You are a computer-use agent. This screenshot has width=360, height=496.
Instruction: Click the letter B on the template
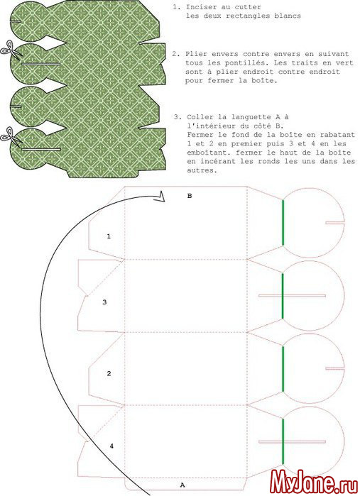coord(190,196)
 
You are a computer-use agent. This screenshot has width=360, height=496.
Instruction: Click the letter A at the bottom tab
coord(182,485)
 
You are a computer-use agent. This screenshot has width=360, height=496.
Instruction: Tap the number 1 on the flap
coord(109,236)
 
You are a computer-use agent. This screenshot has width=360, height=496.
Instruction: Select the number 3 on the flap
coord(104,302)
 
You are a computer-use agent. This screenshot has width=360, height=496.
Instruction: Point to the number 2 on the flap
coord(109,373)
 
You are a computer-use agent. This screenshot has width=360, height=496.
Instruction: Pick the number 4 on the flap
coord(111,446)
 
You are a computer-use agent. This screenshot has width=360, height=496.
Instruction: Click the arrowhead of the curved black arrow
coord(160,197)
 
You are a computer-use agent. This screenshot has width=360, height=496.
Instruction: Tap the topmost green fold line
coord(283,223)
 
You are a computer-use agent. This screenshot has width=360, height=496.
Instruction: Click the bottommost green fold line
coord(283,441)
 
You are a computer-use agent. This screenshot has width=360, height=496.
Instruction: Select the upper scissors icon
coord(11,49)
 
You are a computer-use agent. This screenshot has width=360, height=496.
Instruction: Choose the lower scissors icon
coord(10,136)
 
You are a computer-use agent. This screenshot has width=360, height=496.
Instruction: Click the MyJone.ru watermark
coord(313,482)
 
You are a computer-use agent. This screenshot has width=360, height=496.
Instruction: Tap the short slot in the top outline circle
coord(334,223)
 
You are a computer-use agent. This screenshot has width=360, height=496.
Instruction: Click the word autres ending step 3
coord(202,170)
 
